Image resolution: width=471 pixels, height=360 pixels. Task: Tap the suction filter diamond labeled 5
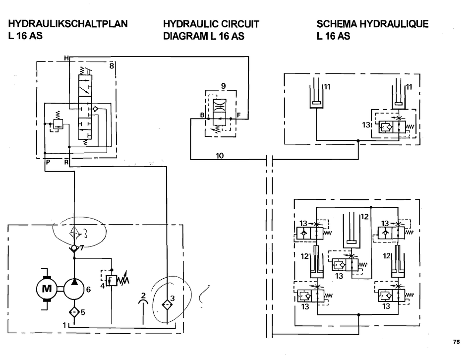coord(74,312)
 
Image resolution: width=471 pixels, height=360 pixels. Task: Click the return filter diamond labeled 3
coord(167,300)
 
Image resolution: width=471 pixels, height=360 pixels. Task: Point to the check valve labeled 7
coord(74,248)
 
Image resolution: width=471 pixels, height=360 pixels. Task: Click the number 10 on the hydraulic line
coord(220,156)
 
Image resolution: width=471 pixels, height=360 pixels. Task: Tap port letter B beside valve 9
coord(202,115)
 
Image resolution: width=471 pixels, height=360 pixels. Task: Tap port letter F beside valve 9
coord(239,115)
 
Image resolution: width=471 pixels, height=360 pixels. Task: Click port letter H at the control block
coord(66,59)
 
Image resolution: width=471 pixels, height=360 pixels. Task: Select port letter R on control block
coord(66,162)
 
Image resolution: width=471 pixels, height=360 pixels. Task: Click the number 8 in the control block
coord(112,65)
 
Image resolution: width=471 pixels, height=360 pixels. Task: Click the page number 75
coord(456,342)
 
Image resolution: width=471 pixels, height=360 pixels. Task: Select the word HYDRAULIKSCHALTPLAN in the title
coord(68,24)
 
